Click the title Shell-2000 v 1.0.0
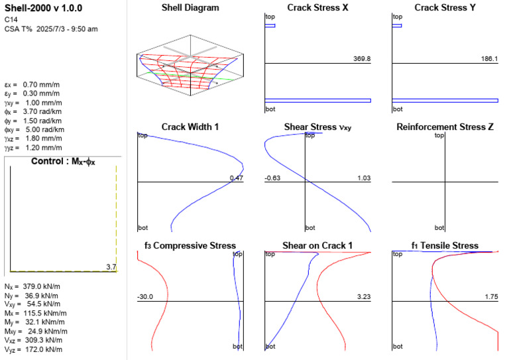coord(43,8)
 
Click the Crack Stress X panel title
coord(317,8)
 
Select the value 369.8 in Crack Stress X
coord(362,59)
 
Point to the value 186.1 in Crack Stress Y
coord(489,59)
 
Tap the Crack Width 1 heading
coord(190,127)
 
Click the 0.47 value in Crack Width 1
coord(237,178)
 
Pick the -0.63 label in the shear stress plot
coord(272,178)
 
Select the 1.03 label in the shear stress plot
coord(364,178)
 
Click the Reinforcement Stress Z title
coord(445,127)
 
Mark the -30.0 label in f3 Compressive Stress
coord(145,297)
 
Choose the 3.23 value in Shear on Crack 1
coord(364,297)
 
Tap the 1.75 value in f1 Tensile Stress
coord(492,297)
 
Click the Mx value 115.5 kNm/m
coord(45,313)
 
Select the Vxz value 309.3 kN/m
coord(43,340)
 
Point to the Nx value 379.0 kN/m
coord(41,286)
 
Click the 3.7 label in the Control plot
coord(111,267)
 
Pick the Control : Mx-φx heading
coord(63,162)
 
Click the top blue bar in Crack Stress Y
coord(397,26)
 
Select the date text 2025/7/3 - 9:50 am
coord(67,29)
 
